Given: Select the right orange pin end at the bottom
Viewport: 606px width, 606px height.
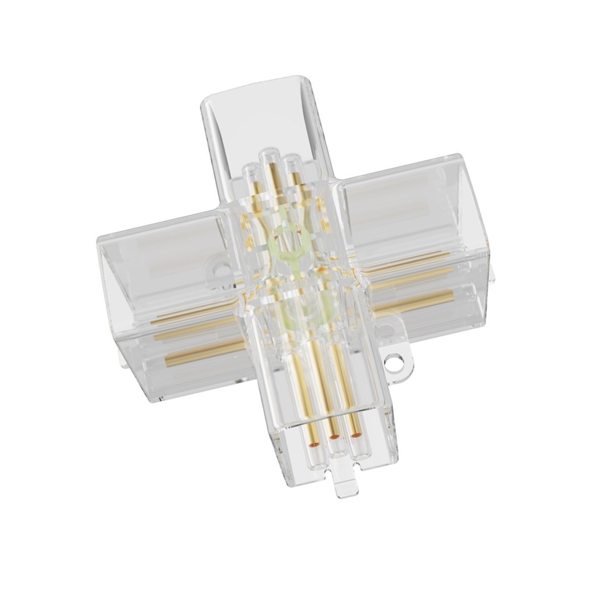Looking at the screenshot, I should (357, 434).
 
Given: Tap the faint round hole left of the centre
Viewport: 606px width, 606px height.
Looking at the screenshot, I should (219, 270).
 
